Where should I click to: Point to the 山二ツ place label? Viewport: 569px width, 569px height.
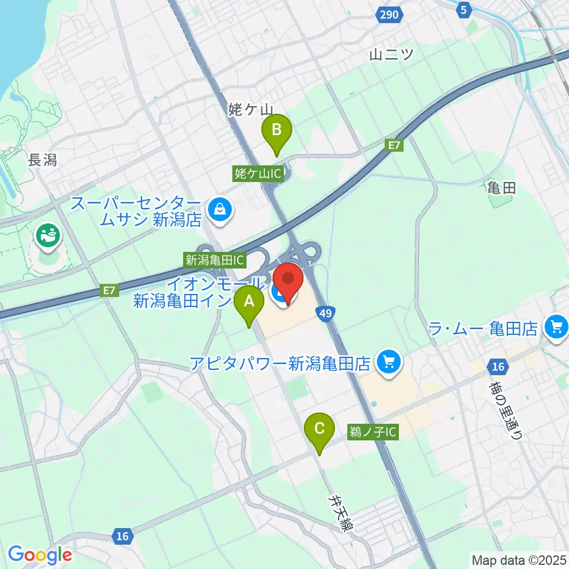(391, 54)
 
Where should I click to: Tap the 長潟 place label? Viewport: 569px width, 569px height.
(42, 159)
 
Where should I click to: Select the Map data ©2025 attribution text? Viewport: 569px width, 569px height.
(519, 560)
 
